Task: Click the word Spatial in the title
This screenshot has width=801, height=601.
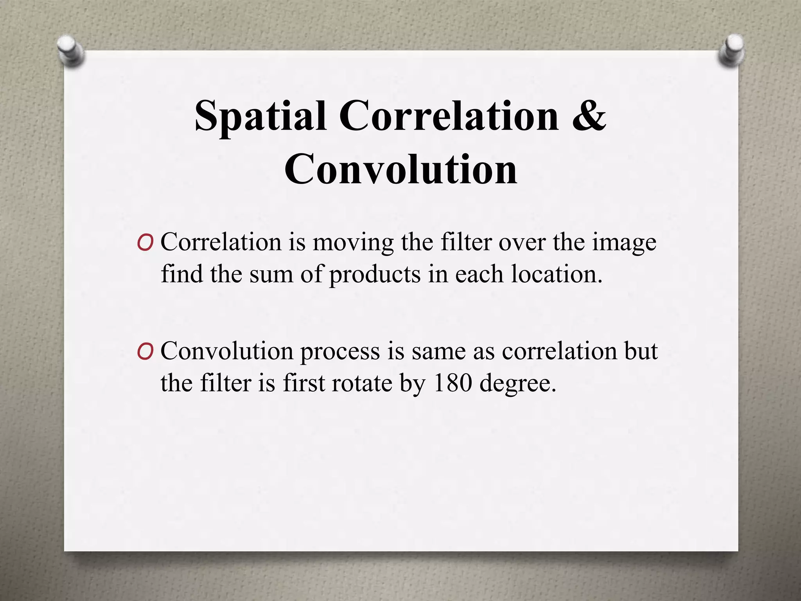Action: [260, 116]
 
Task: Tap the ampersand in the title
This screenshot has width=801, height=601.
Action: [589, 116]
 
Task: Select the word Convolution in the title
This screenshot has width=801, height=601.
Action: [400, 170]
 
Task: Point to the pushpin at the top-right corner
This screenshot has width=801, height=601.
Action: [731, 51]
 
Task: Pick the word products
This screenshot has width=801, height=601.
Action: [375, 275]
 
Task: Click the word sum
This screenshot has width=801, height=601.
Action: [271, 275]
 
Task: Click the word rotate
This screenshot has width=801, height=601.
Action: [362, 383]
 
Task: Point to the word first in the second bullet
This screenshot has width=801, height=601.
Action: [304, 383]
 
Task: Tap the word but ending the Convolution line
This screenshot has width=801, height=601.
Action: [641, 351]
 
